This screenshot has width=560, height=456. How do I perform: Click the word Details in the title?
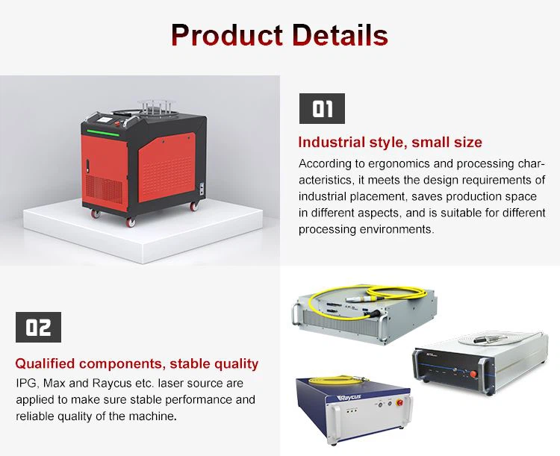(x=339, y=35)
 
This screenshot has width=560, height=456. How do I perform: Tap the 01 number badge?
(x=322, y=109)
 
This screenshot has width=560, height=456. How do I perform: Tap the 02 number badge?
(x=39, y=327)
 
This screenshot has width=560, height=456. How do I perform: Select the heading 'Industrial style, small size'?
(x=390, y=142)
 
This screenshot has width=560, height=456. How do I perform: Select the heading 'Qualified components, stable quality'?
(x=137, y=364)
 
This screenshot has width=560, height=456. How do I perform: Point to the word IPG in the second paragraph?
(x=27, y=384)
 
